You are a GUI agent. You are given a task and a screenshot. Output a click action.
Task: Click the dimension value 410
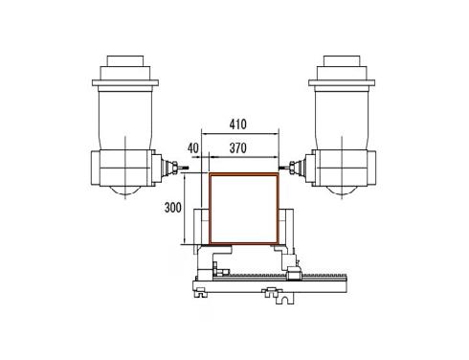tap(238, 124)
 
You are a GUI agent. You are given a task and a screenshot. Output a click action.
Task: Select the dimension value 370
tap(238, 148)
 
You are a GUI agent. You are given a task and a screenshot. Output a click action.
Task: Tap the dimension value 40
tap(192, 148)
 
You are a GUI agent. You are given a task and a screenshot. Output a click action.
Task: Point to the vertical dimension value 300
tap(172, 208)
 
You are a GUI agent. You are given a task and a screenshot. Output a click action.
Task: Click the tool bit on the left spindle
tap(185, 169)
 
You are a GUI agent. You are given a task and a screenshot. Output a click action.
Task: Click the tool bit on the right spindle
tap(283, 167)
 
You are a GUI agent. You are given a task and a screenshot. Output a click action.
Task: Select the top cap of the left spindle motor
tap(125, 61)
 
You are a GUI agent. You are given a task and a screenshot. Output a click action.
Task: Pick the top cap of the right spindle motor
tap(342, 61)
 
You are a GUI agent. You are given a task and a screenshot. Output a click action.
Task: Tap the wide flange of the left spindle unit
tap(125, 83)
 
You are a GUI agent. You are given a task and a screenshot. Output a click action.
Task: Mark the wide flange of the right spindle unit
tap(342, 83)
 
